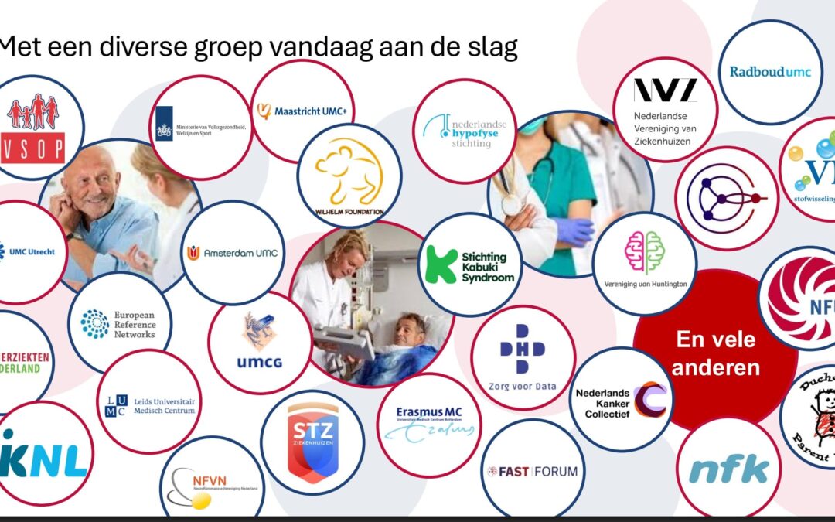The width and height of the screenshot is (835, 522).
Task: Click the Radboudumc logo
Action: pyautogui.click(x=770, y=72)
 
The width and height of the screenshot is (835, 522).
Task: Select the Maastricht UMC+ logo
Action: pyautogui.click(x=302, y=111)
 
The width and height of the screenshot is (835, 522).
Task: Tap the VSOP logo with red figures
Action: pyautogui.click(x=32, y=127)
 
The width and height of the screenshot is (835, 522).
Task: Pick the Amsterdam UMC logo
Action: pyautogui.click(x=232, y=253)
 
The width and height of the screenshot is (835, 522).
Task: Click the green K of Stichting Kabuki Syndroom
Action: pyautogui.click(x=441, y=265)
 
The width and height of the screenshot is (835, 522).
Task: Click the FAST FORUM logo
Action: pyautogui.click(x=533, y=471)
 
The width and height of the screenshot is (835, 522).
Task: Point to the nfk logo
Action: pyautogui.click(x=728, y=469)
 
